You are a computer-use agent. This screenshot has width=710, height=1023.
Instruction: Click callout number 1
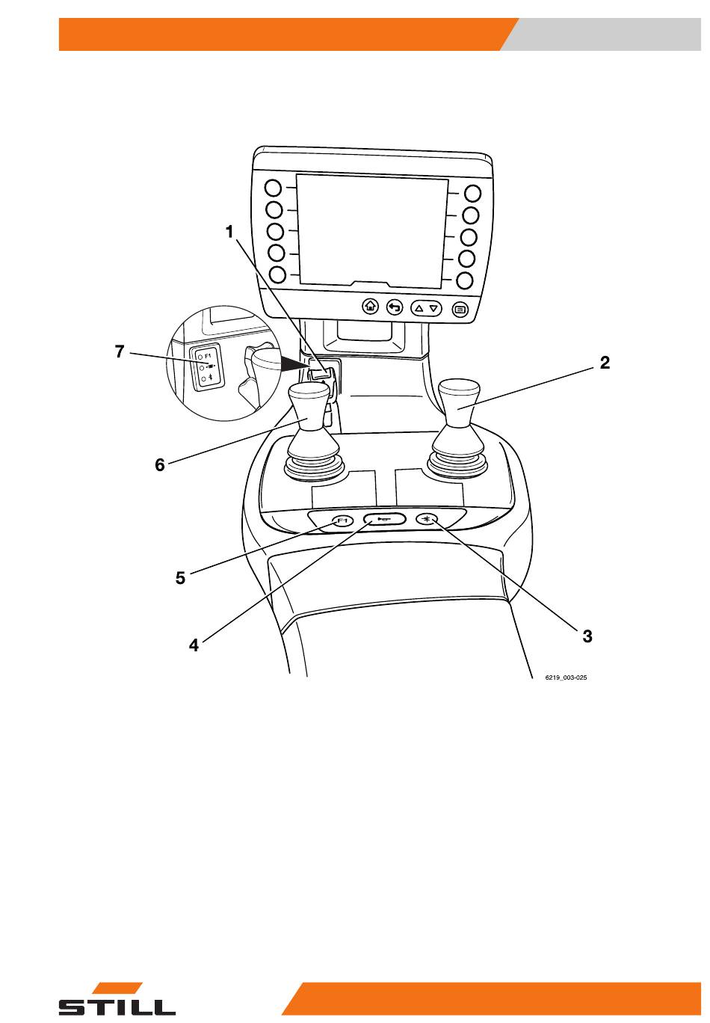(x=229, y=232)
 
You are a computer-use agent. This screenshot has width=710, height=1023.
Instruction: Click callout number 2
(x=605, y=363)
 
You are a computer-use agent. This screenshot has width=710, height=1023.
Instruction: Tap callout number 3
(x=587, y=636)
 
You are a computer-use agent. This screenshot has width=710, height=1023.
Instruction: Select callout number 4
(x=194, y=645)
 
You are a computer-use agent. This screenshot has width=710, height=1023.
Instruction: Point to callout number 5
(x=180, y=578)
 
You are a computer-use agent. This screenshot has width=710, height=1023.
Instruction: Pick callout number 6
(x=160, y=465)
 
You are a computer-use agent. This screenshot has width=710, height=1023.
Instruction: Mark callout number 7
(x=119, y=351)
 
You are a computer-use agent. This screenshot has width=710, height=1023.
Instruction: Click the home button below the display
(x=370, y=306)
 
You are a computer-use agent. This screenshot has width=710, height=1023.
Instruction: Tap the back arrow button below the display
(x=395, y=307)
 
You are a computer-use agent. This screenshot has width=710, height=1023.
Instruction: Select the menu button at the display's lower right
(x=460, y=310)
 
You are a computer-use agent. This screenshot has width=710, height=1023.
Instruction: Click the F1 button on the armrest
(x=342, y=520)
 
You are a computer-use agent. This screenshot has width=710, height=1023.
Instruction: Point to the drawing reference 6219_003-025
(x=566, y=678)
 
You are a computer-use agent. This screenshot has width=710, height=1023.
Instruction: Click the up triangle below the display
(x=419, y=308)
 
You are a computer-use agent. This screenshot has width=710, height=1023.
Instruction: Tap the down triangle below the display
(x=433, y=309)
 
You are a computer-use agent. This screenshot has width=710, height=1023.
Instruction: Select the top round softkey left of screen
(x=274, y=188)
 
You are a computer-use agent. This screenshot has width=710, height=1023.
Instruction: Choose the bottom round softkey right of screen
(x=465, y=280)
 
